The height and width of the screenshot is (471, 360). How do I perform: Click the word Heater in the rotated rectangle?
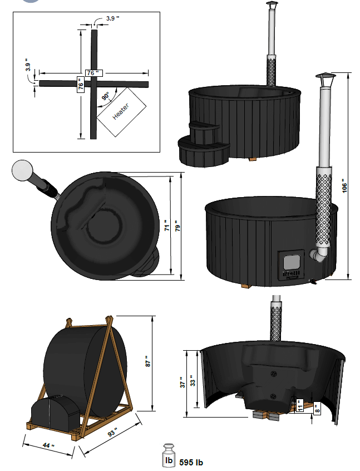(x=121, y=111)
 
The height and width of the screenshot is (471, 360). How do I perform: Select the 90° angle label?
(x=105, y=96)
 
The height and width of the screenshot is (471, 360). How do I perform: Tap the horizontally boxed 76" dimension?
(x=93, y=73)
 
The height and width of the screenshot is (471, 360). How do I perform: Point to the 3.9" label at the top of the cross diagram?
(x=113, y=19)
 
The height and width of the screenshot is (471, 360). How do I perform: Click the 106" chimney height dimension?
(x=343, y=186)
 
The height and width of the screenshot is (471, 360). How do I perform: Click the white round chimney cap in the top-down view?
(x=23, y=170)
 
